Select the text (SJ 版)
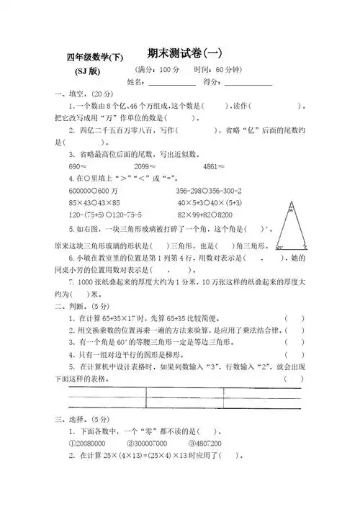pos(88,71)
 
